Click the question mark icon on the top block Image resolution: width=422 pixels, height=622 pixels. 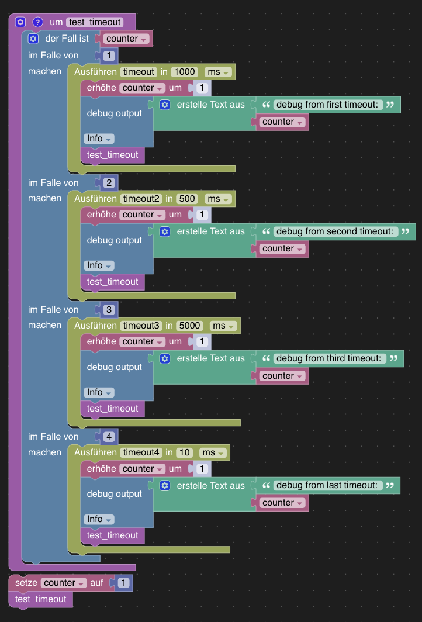37,22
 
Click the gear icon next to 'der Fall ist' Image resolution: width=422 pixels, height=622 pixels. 33,39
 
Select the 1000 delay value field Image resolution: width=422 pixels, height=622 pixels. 185,72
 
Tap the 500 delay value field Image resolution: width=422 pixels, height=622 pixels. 186,199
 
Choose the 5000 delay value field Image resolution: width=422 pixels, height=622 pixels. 189,326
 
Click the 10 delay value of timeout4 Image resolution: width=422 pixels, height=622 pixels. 185,452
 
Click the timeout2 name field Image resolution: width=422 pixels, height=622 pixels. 141,199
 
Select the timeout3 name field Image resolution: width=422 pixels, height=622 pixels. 141,326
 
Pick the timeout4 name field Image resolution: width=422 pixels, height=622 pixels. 141,452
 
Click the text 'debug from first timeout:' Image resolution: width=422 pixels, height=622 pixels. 328,105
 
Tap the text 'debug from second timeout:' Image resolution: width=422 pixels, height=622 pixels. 335,231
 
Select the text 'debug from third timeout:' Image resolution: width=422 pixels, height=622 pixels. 330,358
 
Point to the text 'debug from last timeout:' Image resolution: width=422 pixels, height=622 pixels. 328,486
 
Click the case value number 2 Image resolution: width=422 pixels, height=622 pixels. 109,183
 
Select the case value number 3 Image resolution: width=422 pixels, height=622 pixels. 109,310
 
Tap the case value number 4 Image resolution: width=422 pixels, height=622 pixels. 109,437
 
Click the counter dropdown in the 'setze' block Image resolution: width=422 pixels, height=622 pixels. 64,583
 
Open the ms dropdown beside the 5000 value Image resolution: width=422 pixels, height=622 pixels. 223,326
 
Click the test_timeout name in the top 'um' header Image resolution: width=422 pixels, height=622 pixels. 95,22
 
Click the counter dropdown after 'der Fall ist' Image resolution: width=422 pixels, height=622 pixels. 126,39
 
